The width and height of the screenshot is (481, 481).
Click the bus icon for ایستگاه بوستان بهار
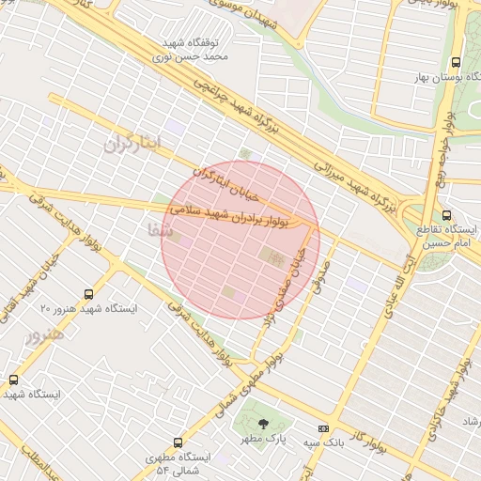click(x=456, y=57)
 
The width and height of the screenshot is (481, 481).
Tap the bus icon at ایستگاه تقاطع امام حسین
click(x=445, y=214)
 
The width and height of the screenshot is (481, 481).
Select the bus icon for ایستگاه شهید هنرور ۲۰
click(x=88, y=294)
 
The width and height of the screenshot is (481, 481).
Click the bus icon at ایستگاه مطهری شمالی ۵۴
click(x=178, y=442)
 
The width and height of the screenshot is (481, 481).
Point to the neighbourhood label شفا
click(x=160, y=228)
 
